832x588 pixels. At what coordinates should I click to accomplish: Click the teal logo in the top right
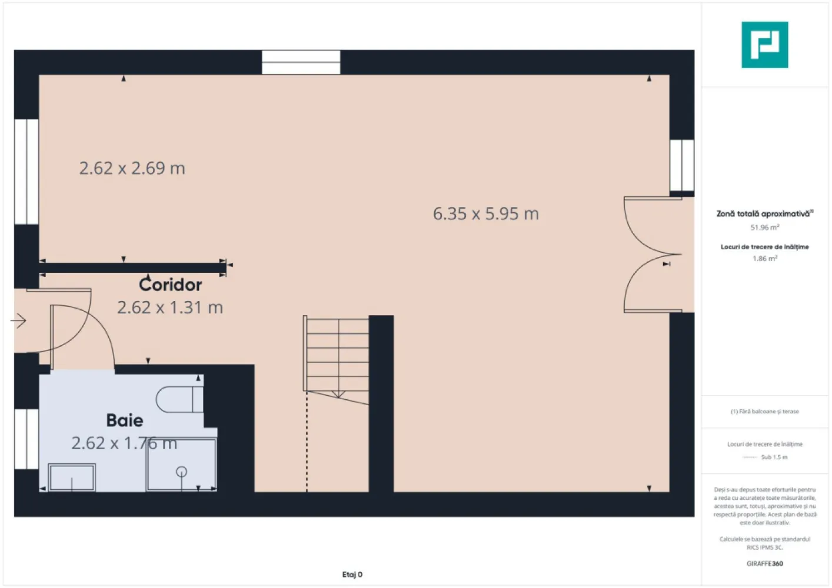764,45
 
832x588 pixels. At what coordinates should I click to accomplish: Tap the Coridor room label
170,285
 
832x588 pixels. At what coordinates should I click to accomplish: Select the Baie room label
124,420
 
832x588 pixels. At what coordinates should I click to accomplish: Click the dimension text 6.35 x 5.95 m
485,214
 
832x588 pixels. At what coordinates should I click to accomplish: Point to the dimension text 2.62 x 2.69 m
132,169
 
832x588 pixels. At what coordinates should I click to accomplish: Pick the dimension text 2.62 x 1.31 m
169,308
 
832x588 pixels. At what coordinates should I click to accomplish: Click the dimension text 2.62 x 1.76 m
124,443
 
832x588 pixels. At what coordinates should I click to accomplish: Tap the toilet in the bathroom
179,399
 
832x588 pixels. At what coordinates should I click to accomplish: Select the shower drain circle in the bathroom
181,471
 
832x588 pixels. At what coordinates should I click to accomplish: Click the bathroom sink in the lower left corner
72,477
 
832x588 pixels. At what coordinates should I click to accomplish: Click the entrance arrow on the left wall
19,321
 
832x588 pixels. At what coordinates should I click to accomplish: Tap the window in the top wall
301,62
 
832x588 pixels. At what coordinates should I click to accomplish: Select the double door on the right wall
653,255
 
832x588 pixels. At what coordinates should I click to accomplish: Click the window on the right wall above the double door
681,165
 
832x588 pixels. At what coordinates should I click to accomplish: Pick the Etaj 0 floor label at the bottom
352,574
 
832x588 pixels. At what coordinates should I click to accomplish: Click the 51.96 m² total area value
764,228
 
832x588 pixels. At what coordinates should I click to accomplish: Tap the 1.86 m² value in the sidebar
764,259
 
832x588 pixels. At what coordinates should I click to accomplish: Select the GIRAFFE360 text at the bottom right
764,563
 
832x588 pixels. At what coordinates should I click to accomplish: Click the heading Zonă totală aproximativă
763,214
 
